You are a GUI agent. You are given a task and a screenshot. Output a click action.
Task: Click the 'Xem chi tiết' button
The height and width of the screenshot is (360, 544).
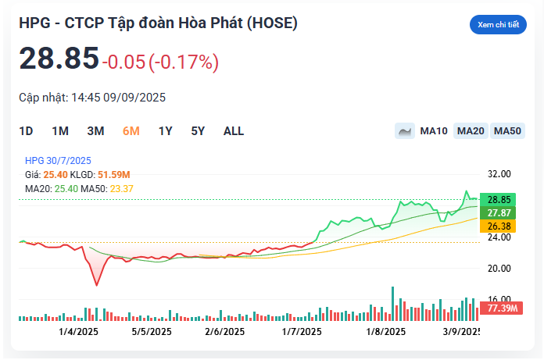(x=498, y=25)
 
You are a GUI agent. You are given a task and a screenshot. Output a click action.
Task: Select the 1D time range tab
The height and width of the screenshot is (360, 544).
(x=26, y=131)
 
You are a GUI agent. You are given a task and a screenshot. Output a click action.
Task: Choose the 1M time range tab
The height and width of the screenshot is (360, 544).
(x=60, y=131)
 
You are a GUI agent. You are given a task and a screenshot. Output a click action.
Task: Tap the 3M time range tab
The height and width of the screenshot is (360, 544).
(x=95, y=131)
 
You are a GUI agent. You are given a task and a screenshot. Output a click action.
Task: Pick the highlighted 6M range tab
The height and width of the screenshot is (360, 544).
(x=131, y=131)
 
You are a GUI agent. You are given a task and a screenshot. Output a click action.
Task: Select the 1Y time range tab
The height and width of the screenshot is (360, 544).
(x=165, y=131)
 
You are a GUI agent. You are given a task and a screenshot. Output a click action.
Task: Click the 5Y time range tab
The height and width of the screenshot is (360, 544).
(x=198, y=131)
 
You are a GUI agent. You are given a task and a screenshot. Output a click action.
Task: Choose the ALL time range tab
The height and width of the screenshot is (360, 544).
(x=234, y=131)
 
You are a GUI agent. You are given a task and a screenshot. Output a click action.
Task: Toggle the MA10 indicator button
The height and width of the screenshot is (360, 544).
(x=434, y=131)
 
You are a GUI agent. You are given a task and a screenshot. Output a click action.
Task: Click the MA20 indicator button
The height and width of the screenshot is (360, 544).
(x=471, y=131)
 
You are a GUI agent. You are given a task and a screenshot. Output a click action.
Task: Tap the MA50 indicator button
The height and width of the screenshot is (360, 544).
(x=507, y=131)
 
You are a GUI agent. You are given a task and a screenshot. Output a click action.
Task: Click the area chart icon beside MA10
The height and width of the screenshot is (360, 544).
(x=405, y=131)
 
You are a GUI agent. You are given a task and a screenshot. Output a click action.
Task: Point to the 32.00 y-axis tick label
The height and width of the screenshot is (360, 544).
(x=499, y=174)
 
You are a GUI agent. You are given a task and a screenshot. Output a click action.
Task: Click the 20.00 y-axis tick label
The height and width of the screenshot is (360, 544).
(x=499, y=268)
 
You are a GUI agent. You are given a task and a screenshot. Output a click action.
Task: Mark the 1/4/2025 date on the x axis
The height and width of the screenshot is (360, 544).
(x=77, y=331)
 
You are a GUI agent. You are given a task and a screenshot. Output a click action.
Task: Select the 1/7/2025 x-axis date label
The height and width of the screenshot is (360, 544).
(x=301, y=331)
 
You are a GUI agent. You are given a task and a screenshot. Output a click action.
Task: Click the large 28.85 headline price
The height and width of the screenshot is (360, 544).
(x=59, y=59)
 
